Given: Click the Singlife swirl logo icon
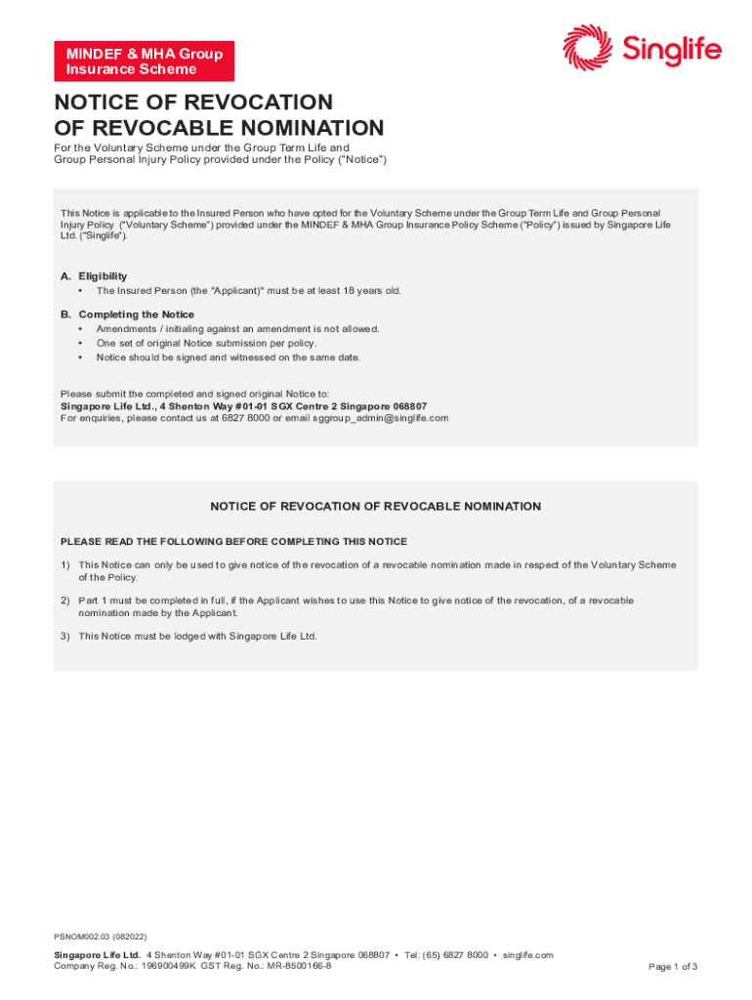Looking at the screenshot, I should pos(586,47).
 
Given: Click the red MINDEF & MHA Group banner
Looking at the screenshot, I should pos(145,61).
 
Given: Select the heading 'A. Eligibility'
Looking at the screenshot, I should pos(94,276).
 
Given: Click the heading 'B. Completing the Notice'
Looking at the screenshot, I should pos(127,314).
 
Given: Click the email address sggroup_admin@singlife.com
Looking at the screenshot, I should pos(381,418).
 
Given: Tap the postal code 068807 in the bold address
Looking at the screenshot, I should pos(406,406).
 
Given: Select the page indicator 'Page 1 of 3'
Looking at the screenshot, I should pos(673,967).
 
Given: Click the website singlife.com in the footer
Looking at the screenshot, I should pos(528,955).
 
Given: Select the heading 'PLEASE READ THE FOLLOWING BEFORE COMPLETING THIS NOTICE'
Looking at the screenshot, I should pos(233,541).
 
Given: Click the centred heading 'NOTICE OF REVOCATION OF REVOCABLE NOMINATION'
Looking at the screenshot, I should pos(376,507).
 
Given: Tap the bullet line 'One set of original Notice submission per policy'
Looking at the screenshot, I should pos(206,343).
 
